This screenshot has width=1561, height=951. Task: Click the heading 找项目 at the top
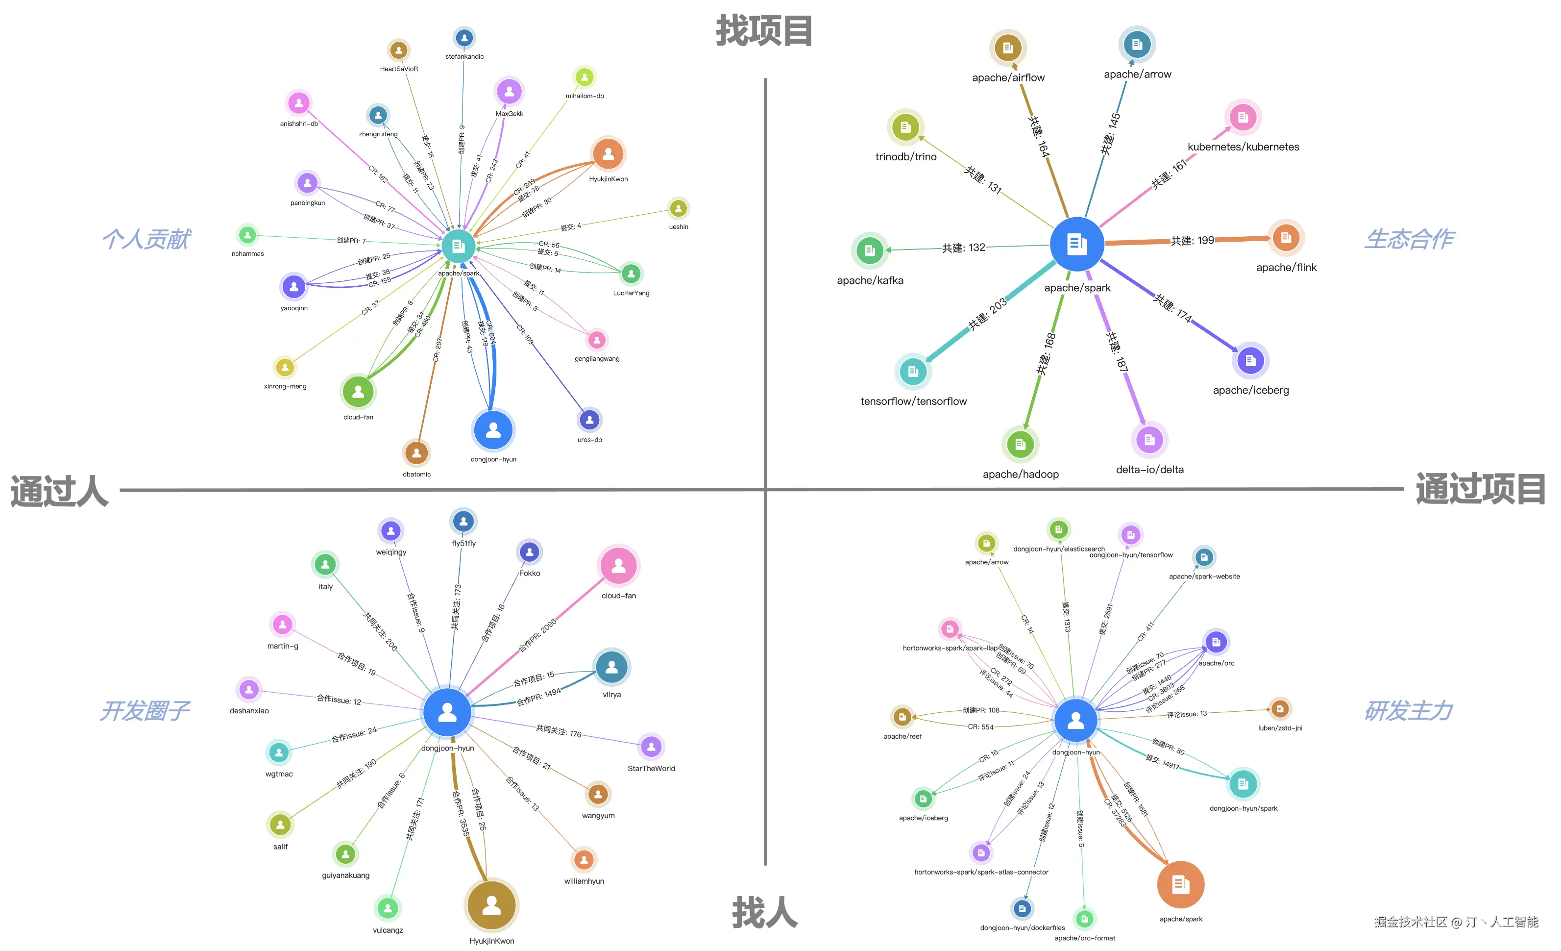764,32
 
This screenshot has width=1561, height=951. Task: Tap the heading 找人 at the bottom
764,913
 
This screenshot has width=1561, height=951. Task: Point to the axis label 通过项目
1480,489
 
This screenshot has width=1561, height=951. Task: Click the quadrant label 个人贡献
146,240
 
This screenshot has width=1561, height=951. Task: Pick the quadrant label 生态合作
1409,240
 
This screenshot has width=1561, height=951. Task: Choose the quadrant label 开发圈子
145,711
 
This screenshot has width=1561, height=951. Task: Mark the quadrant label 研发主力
1408,711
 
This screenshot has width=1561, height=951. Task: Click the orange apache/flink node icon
1286,238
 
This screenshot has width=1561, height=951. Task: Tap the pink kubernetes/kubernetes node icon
1243,117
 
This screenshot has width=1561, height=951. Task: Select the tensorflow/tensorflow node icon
913,372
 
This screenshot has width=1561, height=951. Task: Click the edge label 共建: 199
1192,241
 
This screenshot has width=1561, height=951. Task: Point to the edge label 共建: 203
987,314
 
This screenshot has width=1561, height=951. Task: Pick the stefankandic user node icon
464,38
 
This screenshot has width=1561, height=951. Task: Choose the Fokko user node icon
530,552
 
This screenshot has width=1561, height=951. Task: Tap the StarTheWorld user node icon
651,747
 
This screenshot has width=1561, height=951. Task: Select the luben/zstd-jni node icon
1279,709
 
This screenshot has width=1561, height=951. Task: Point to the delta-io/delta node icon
1149,439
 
